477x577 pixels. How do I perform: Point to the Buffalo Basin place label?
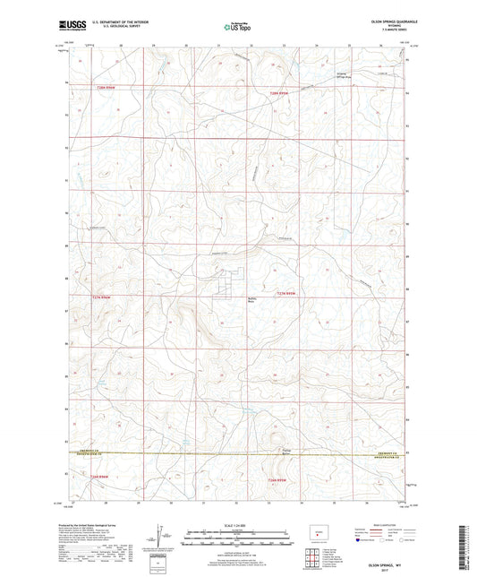(227, 302)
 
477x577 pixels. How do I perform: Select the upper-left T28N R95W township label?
(103, 87)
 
